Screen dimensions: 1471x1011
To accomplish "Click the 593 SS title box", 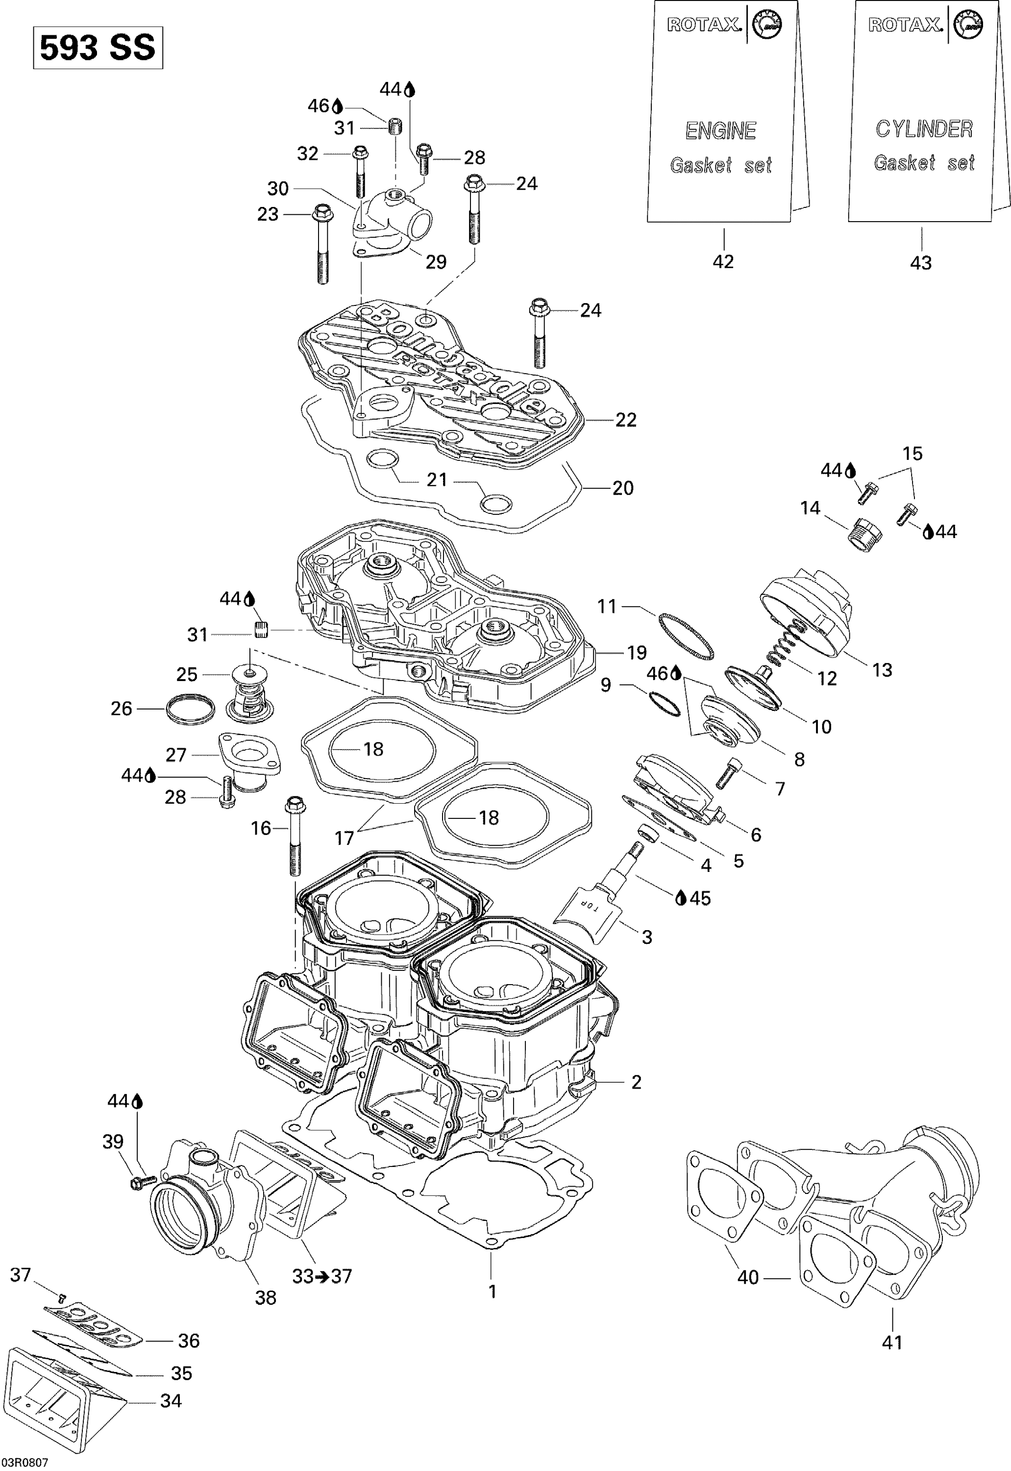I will pos(98,48).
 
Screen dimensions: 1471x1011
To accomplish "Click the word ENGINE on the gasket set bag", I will pos(720,131).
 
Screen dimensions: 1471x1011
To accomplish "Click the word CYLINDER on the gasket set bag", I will pos(924,129).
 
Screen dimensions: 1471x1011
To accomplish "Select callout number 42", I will pos(723,261).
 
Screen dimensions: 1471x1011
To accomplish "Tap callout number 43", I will pos(920,262).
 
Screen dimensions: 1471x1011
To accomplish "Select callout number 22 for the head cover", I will pos(626,420).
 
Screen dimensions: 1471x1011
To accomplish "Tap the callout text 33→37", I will pos(322,1276).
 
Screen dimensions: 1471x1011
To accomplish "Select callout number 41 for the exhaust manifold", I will pos(891,1342).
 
